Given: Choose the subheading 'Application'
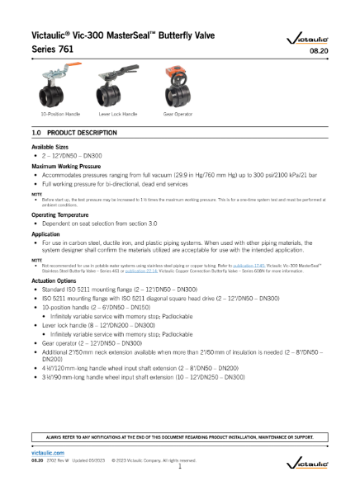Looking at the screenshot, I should pos(48,234).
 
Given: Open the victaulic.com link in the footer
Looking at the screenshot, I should pos(47,453).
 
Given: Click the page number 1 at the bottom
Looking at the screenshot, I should pos(180,467).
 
